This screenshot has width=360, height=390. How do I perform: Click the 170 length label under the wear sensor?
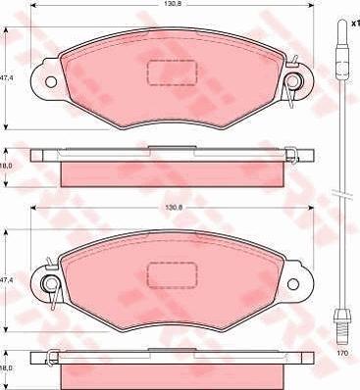pos(343,353)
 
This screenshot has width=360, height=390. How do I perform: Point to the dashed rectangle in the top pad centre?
pos(173,73)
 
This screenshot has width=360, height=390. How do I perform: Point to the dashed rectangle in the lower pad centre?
pos(173,275)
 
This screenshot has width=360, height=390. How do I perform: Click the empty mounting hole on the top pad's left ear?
pos(51,81)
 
